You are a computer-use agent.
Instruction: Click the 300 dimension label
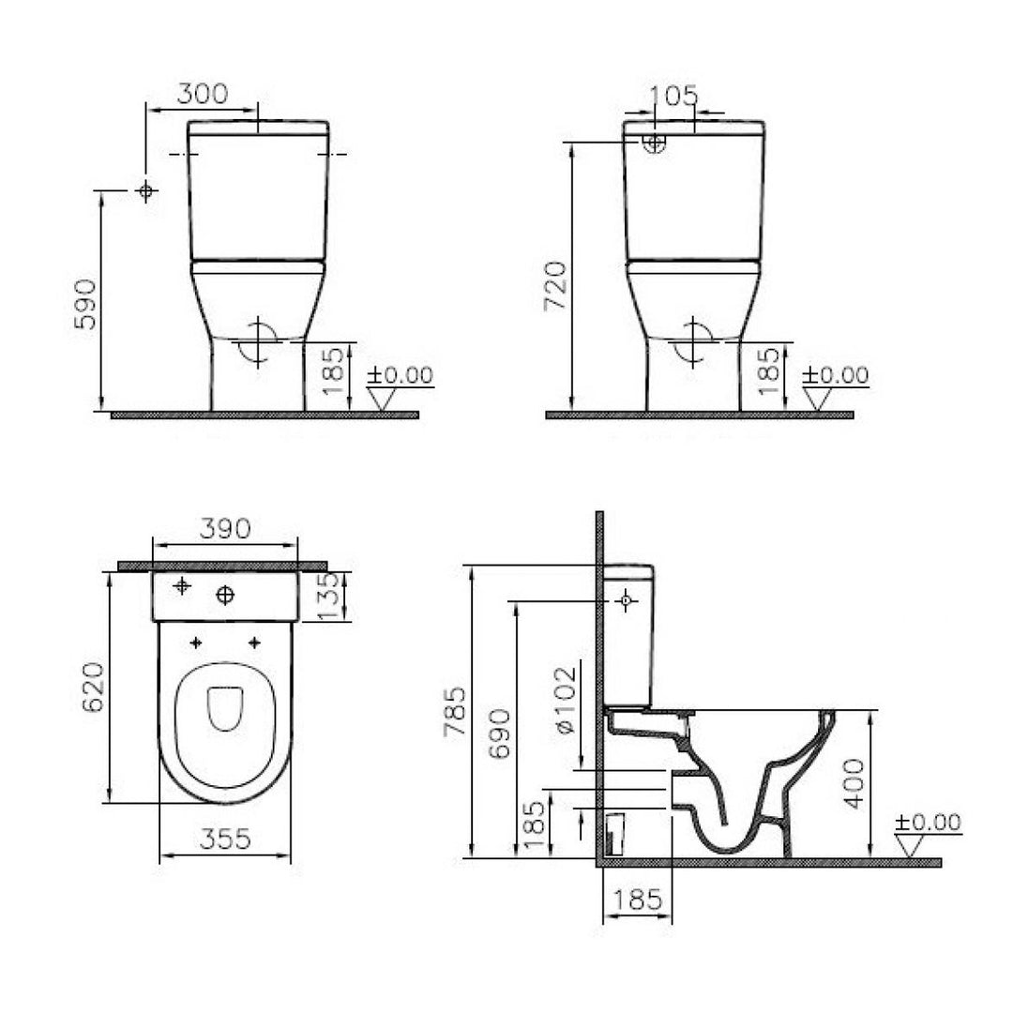[x=203, y=94]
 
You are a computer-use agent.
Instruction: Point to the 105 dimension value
[x=674, y=96]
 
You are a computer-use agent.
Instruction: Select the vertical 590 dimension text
[x=84, y=303]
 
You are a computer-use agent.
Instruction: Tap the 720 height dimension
[x=556, y=285]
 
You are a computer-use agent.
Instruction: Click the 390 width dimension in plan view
[x=225, y=529]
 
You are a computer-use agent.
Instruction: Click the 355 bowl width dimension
[x=225, y=839]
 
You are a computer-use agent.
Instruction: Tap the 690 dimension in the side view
[x=502, y=732]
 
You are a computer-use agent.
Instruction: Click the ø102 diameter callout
[x=563, y=701]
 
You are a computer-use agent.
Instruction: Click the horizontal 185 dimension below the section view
[x=637, y=900]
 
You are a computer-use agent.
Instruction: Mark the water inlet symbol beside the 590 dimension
[x=144, y=191]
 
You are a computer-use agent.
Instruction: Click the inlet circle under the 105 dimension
[x=654, y=143]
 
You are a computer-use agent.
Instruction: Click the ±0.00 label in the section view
[x=927, y=823]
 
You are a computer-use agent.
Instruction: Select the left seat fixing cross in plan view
[x=196, y=643]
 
